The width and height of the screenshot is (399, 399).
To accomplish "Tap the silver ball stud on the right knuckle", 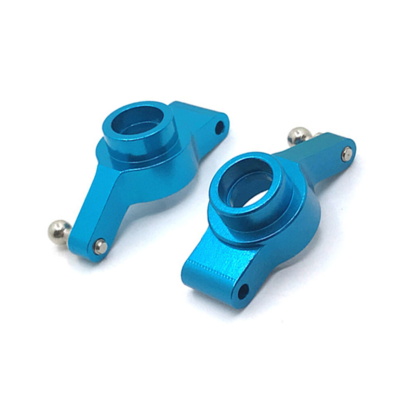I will (299, 136).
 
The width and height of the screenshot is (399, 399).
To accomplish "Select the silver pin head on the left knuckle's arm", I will (100, 246).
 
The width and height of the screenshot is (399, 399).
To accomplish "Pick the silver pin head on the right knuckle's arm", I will (346, 153).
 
